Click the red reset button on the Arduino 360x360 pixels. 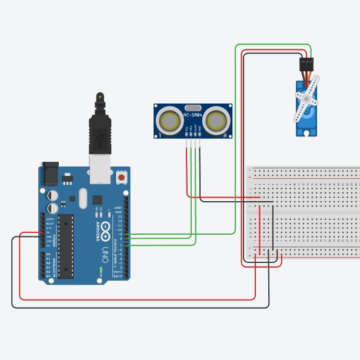[x=122, y=176]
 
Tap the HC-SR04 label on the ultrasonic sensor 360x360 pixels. [x=194, y=115]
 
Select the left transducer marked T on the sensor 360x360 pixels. [x=171, y=121]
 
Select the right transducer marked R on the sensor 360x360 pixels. [x=216, y=121]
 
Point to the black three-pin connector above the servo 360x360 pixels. [x=306, y=62]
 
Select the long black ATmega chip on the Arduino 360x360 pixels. [x=66, y=245]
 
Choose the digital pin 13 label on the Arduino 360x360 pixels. [x=120, y=216]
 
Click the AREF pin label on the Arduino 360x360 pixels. [x=119, y=208]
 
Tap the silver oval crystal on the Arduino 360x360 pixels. [x=82, y=198]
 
